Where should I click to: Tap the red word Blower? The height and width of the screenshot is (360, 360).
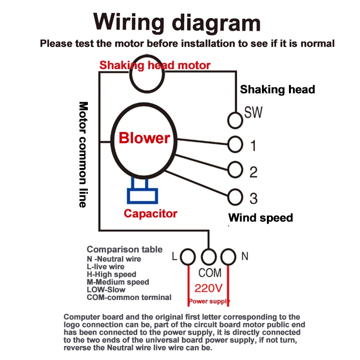point(144,138)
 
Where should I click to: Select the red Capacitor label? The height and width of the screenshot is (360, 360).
point(151,214)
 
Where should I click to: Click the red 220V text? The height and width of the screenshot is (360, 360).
point(208,288)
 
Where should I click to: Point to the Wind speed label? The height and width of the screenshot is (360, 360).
point(261,217)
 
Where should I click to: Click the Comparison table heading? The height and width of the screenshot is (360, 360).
point(125,249)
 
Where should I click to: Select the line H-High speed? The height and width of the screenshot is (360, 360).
point(111,275)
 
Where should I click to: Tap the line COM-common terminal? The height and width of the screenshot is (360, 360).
point(129,297)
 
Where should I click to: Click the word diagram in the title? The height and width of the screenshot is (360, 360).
point(216,24)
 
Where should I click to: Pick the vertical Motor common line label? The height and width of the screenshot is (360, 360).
point(83,155)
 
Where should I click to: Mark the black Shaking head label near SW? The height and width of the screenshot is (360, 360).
point(277,90)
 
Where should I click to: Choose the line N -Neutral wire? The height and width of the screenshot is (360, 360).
point(114,259)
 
